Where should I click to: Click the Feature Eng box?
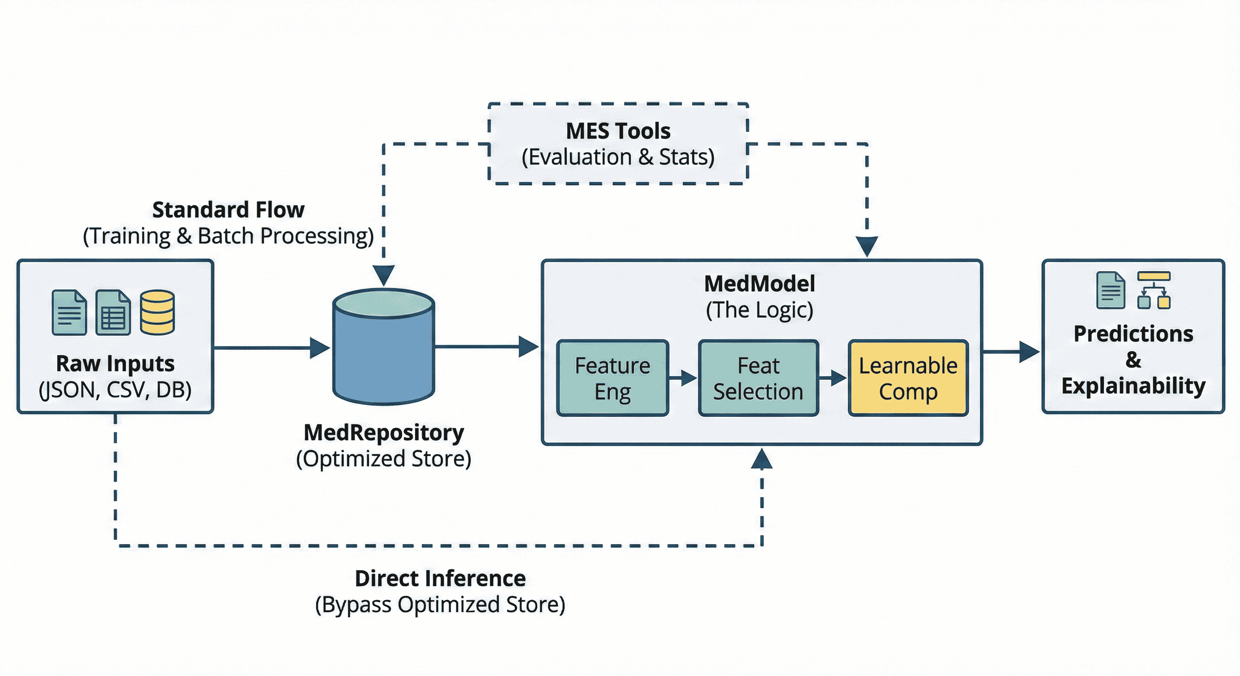point(613,378)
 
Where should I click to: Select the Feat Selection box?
point(758,378)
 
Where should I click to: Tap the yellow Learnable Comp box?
point(908,378)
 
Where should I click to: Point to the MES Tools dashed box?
point(618,143)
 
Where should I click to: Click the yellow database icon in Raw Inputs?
point(157,312)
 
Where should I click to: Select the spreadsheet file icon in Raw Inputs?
point(113,312)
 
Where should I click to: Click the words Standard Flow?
point(228,210)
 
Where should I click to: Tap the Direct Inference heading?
point(440,578)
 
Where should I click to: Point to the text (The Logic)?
point(760,310)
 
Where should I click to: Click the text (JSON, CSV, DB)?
point(115,390)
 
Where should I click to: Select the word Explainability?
point(1133,386)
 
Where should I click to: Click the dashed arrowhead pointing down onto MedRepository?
point(384,275)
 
